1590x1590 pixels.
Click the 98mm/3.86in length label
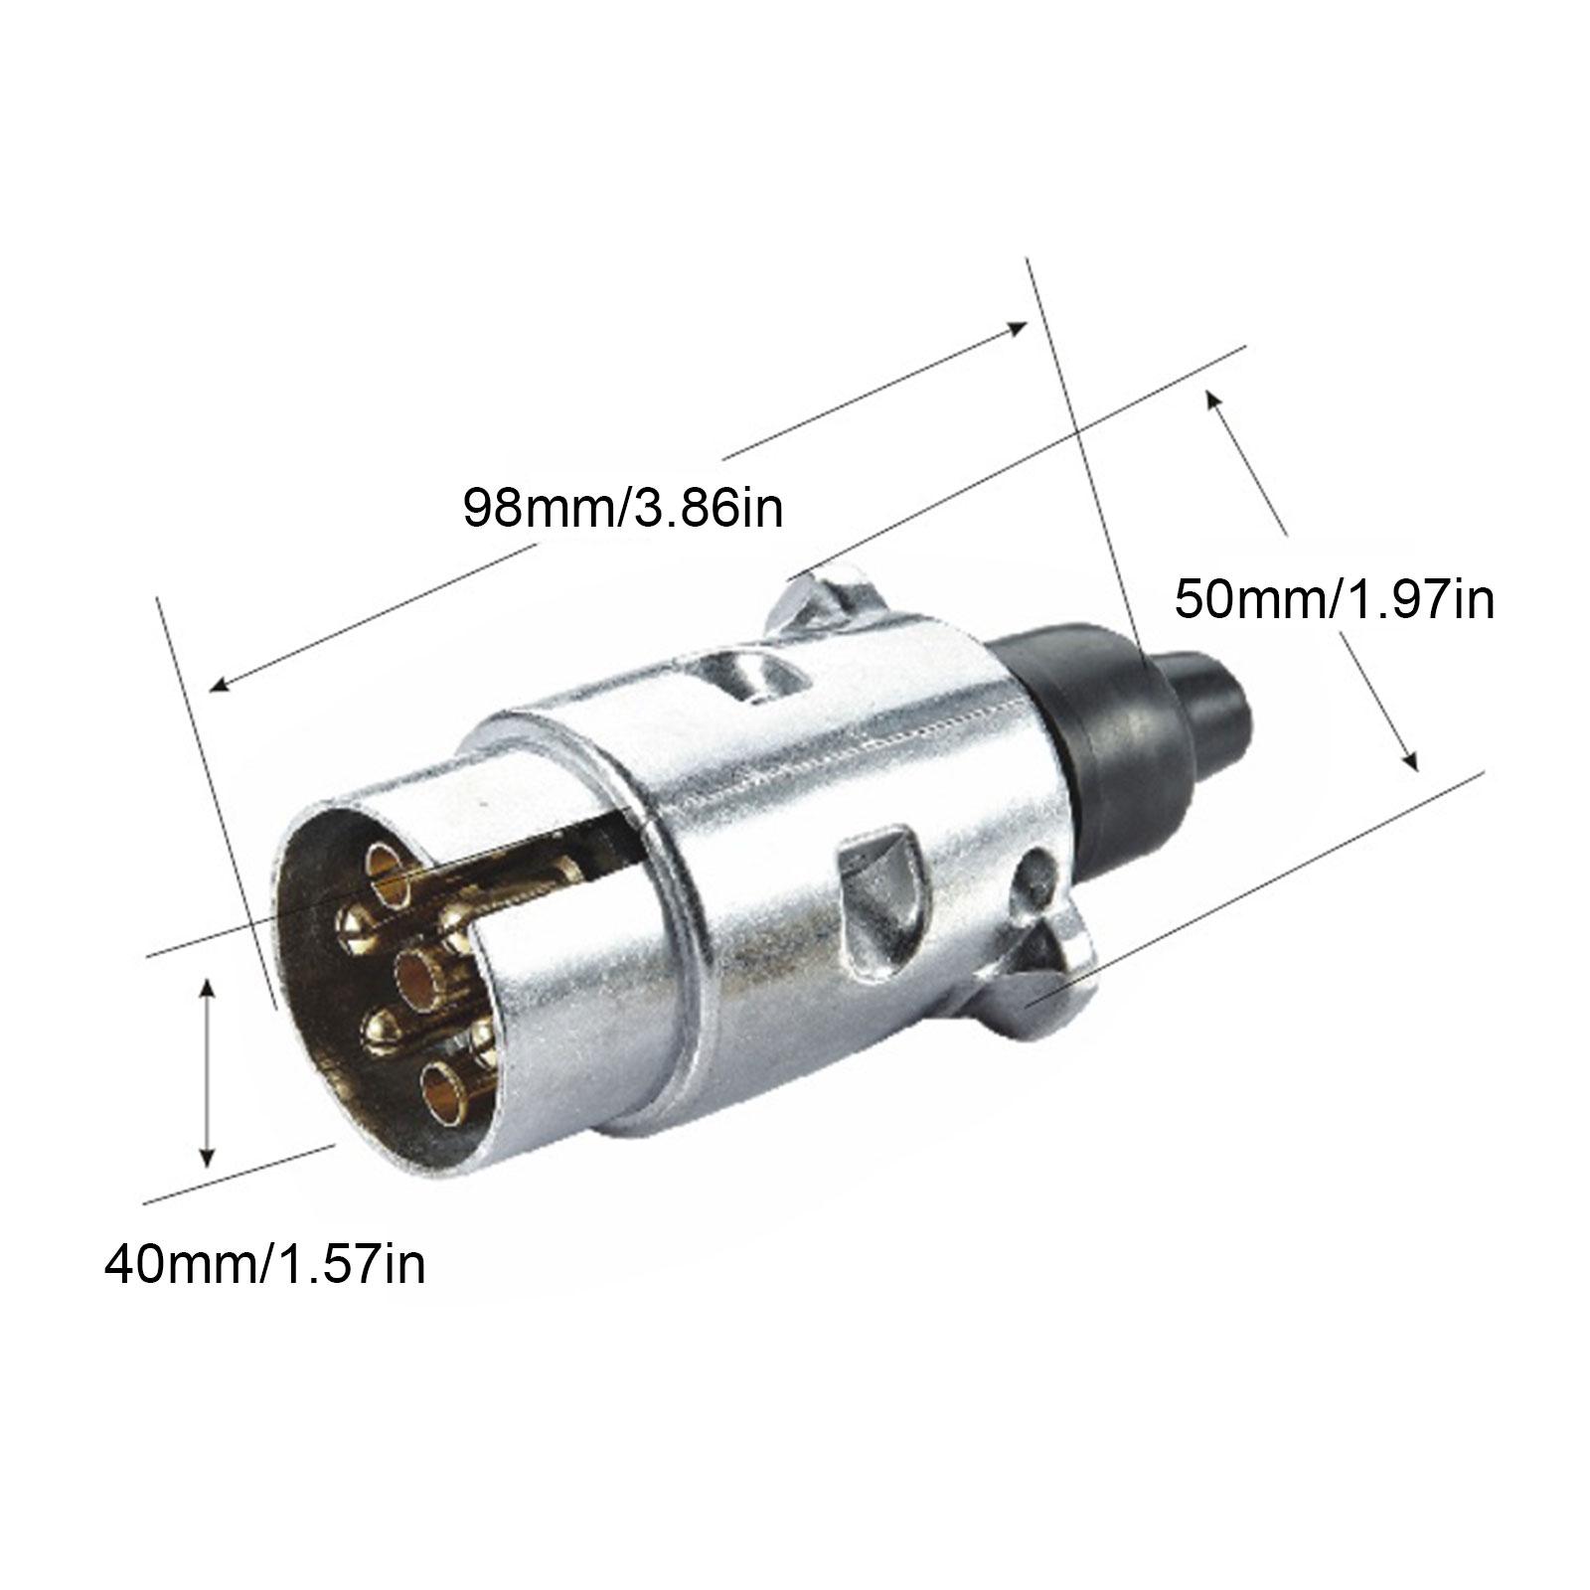622,508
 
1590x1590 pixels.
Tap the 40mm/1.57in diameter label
265,1265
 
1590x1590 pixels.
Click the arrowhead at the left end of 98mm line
219,686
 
